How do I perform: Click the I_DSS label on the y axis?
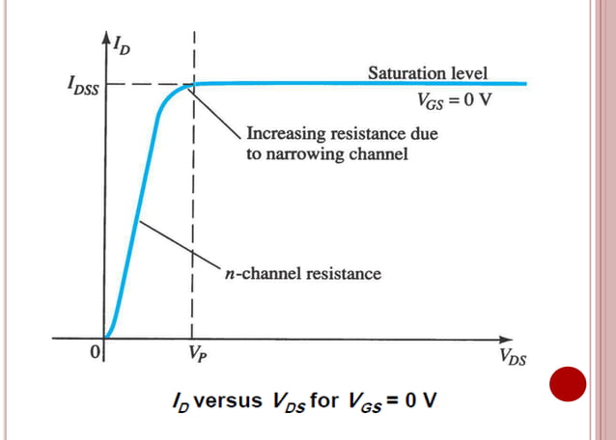coord(81,86)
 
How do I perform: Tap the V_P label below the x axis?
coord(197,354)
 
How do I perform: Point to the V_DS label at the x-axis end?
coord(515,357)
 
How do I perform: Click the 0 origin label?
coord(95,353)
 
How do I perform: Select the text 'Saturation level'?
coord(428,72)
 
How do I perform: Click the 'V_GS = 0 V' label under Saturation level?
coord(452,100)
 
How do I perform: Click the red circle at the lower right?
coord(568,385)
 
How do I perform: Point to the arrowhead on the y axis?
coord(105,39)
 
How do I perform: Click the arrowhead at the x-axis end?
coord(509,339)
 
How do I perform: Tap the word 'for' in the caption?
coord(323,400)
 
